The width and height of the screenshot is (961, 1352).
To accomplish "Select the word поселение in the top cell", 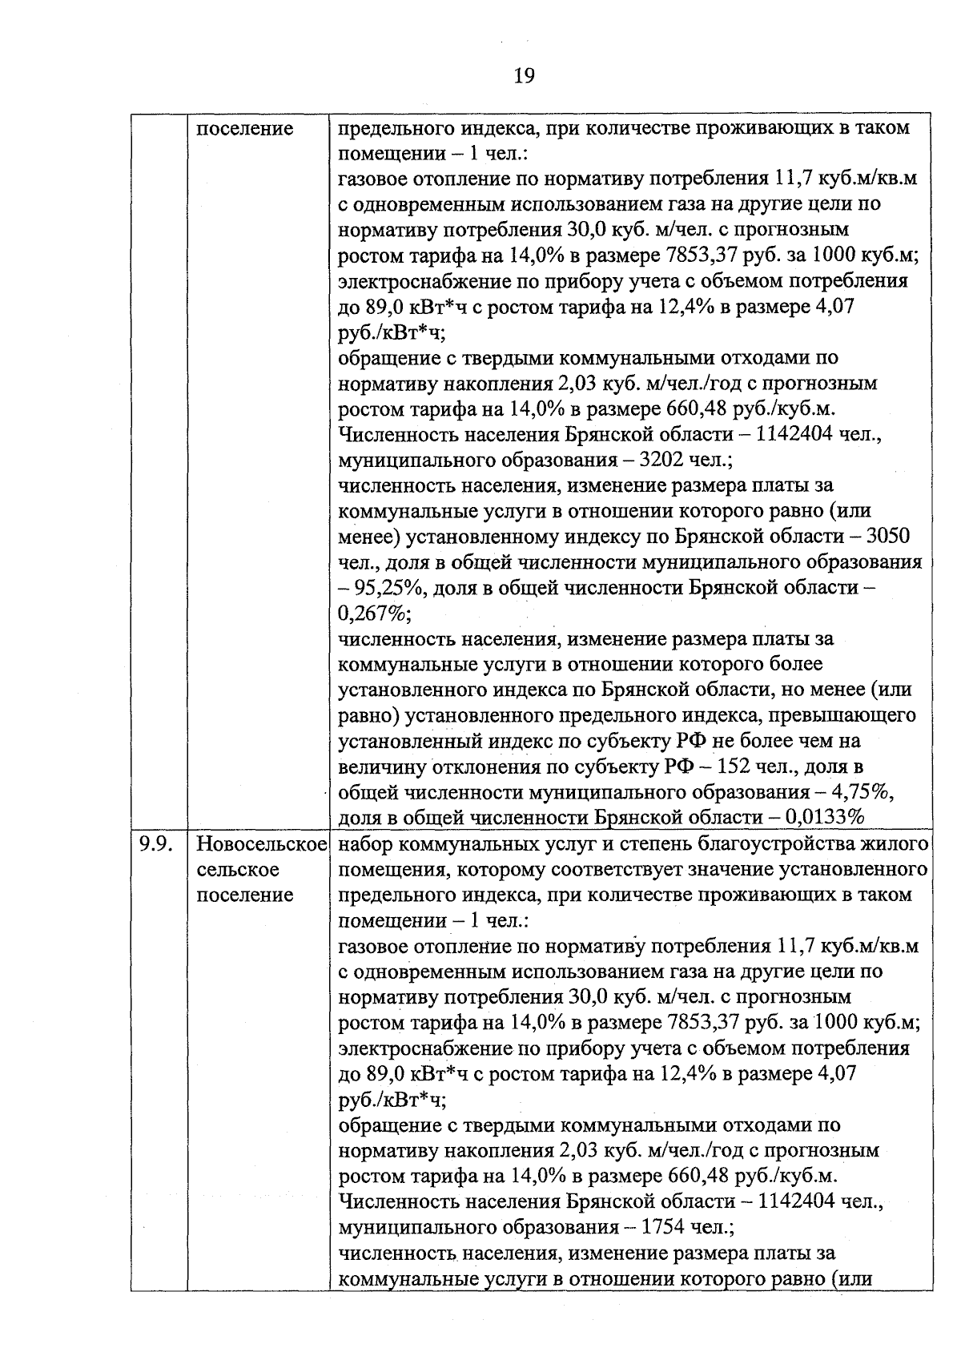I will coord(245,128).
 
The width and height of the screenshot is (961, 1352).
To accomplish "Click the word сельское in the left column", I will coord(238,869).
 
